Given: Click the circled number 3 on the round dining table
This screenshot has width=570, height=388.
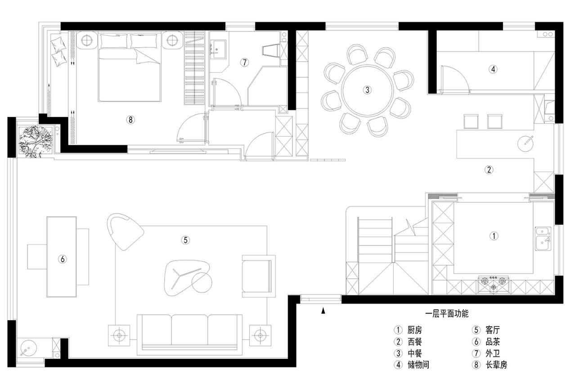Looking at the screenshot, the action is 367,90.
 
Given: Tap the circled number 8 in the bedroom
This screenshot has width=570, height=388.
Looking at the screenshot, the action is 130,120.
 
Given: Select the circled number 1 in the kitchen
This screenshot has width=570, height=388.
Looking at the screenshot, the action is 494,236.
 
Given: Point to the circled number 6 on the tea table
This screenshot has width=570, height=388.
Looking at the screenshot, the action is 63,259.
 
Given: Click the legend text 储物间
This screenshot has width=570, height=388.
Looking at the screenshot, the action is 418,365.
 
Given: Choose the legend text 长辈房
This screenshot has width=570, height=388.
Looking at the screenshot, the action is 496,365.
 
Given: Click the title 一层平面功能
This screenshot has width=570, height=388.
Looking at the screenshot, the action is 447,314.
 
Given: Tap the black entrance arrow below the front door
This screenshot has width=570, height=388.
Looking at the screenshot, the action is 323,311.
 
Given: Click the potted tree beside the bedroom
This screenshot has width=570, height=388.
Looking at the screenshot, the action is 36,142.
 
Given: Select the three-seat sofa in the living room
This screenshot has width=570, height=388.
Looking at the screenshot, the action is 189,334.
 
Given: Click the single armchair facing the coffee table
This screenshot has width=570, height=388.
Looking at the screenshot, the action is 259,276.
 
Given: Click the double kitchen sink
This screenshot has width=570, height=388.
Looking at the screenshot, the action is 543,239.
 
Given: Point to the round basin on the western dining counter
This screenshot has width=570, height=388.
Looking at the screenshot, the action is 525,143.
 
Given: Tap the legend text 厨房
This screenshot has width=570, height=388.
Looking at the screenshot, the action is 414,330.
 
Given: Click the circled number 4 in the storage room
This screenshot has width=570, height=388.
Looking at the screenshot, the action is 493,69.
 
